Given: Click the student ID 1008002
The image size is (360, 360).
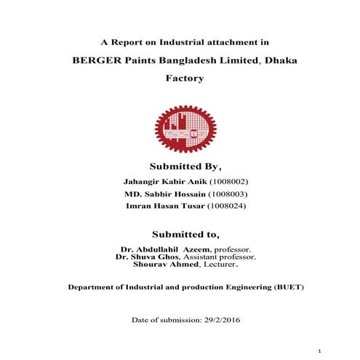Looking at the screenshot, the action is point(232,182).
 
